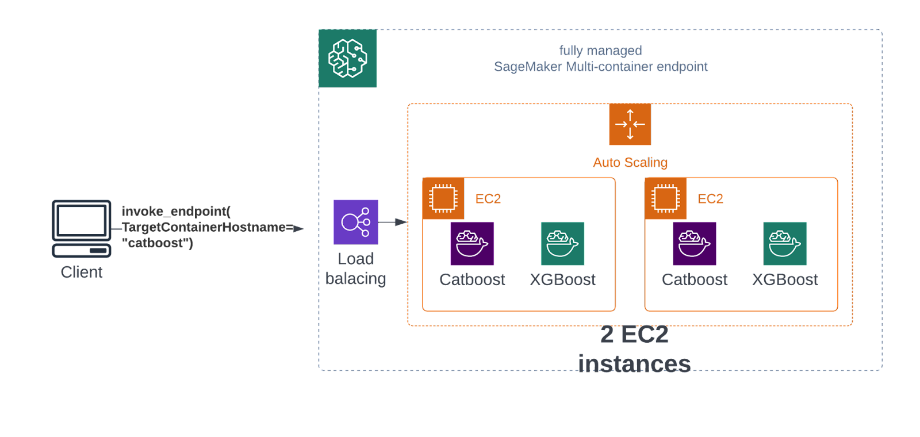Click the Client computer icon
(x=81, y=228)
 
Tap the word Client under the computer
(x=82, y=272)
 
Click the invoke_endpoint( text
(x=176, y=211)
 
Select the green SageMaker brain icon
(x=348, y=58)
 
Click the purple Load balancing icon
(x=356, y=222)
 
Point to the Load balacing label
(x=356, y=269)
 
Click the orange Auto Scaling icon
(x=630, y=124)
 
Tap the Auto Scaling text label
(x=630, y=163)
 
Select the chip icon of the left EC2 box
(x=443, y=199)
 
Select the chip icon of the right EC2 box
(x=666, y=199)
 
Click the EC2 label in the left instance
(x=488, y=199)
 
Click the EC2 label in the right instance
(x=711, y=199)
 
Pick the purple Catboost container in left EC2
(x=472, y=243)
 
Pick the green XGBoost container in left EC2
(x=563, y=243)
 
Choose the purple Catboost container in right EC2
(x=695, y=243)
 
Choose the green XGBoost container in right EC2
(x=785, y=243)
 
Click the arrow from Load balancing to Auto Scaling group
(x=393, y=222)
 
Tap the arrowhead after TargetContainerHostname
(x=298, y=228)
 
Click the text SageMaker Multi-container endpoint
(x=601, y=67)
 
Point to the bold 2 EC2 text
(x=634, y=335)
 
